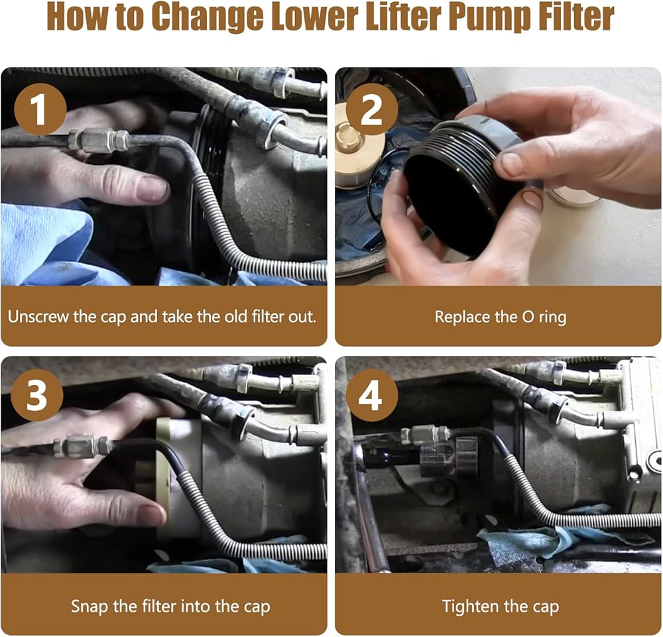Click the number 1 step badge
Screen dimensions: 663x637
[x=40, y=109]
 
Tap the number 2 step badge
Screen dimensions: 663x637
[x=372, y=109]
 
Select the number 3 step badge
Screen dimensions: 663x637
[x=36, y=395]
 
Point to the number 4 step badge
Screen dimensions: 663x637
[x=372, y=395]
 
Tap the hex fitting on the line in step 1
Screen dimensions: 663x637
[x=99, y=140]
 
